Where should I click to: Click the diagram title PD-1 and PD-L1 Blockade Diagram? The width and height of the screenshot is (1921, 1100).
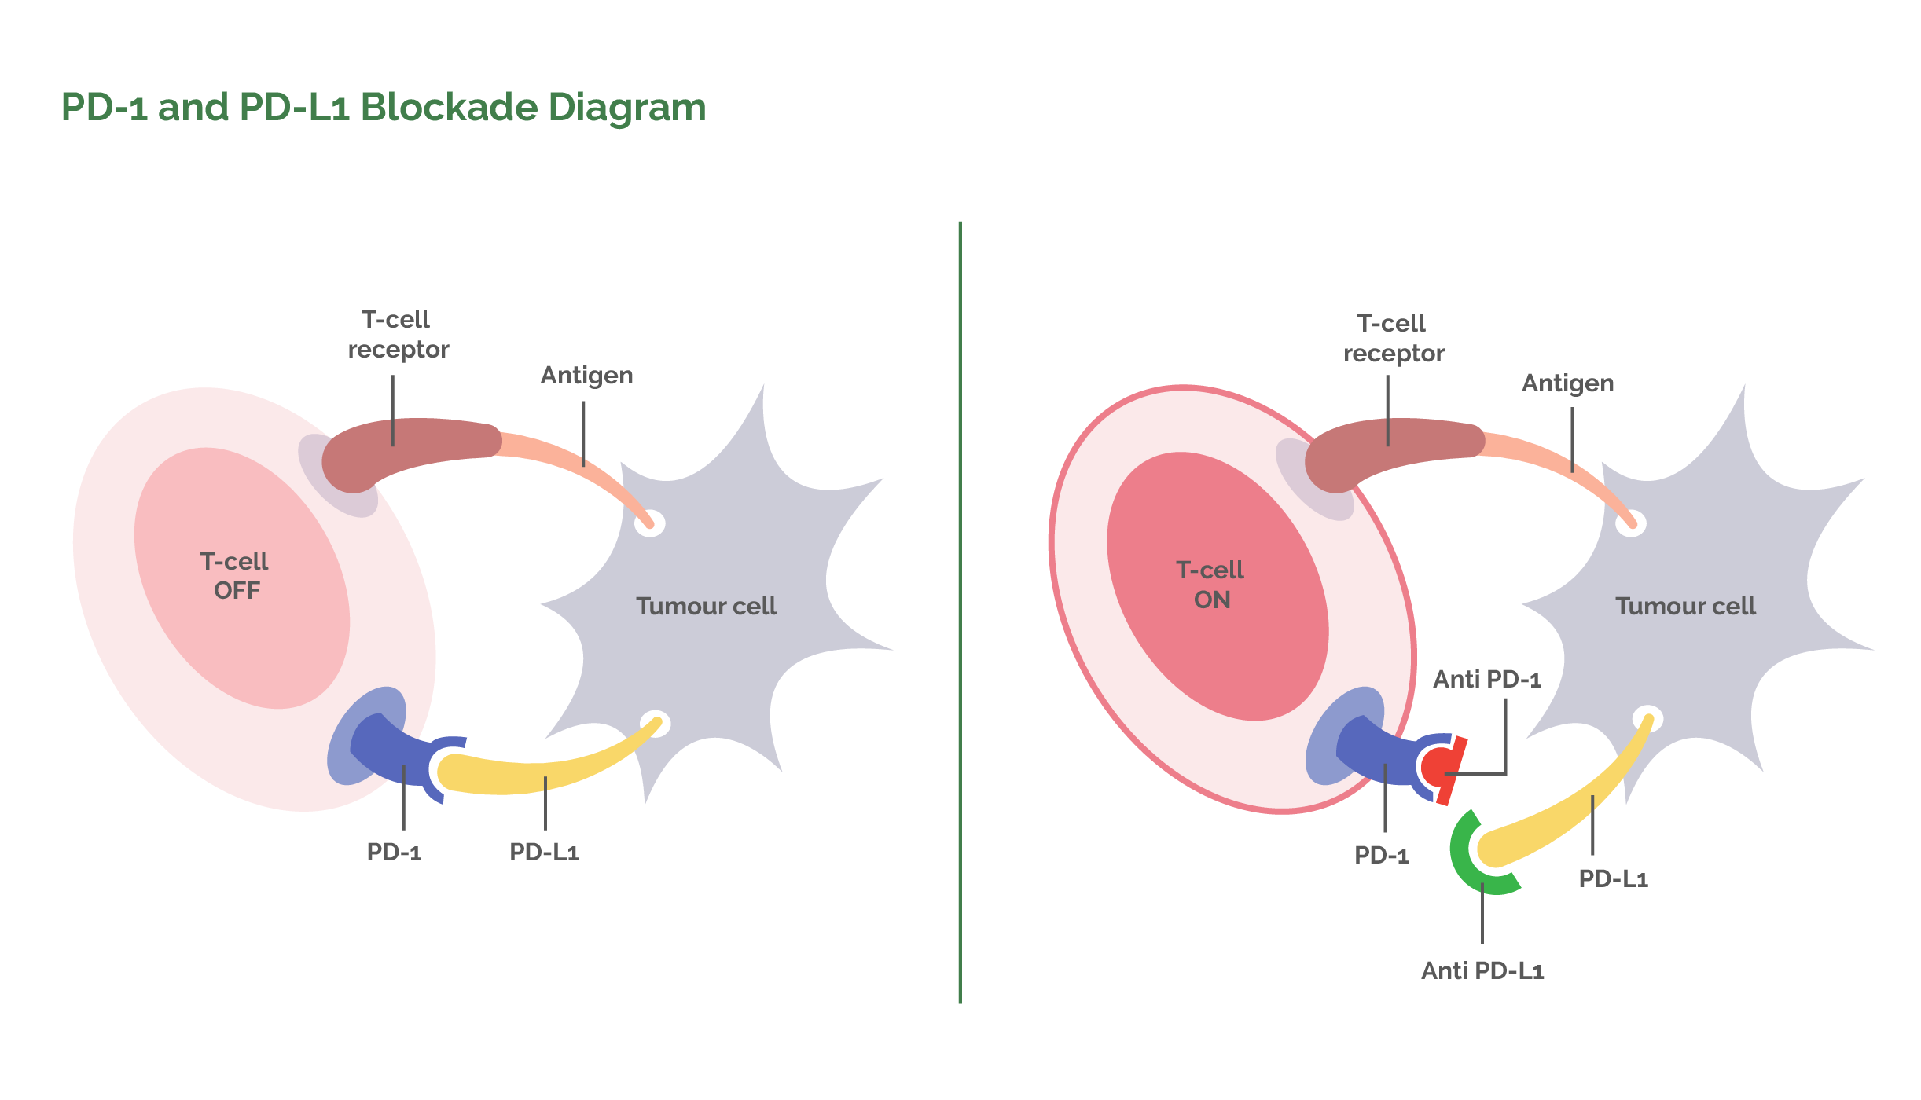coord(384,108)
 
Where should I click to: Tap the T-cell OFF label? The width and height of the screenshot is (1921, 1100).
coord(235,576)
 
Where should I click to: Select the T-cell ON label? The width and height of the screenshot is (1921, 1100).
coord(1210,585)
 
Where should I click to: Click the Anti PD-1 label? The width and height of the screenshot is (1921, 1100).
coord(1486,679)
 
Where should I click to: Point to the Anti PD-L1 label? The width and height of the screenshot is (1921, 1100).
coord(1482,970)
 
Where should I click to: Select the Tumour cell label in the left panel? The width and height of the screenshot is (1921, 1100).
coord(706,606)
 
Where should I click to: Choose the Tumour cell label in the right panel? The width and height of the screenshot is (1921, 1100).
coord(1685,606)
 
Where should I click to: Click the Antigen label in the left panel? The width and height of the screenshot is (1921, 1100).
coord(586,376)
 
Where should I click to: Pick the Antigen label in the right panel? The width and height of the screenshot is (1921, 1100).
coord(1567,383)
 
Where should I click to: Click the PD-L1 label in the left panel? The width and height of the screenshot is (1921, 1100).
coord(544,852)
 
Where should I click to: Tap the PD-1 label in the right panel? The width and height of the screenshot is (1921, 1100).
coord(1381,855)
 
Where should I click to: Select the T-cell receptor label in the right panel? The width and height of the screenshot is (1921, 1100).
coord(1393,338)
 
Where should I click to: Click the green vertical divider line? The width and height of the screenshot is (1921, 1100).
coord(960,613)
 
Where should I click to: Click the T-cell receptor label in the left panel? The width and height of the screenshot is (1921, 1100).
coord(398,334)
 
